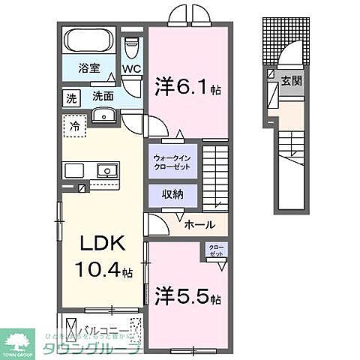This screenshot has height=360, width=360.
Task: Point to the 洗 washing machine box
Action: [71, 97]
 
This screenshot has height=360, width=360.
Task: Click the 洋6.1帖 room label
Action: [184, 86]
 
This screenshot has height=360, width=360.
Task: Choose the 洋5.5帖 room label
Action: [187, 295]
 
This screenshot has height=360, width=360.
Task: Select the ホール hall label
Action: [199, 224]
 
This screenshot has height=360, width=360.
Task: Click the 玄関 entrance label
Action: [292, 80]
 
